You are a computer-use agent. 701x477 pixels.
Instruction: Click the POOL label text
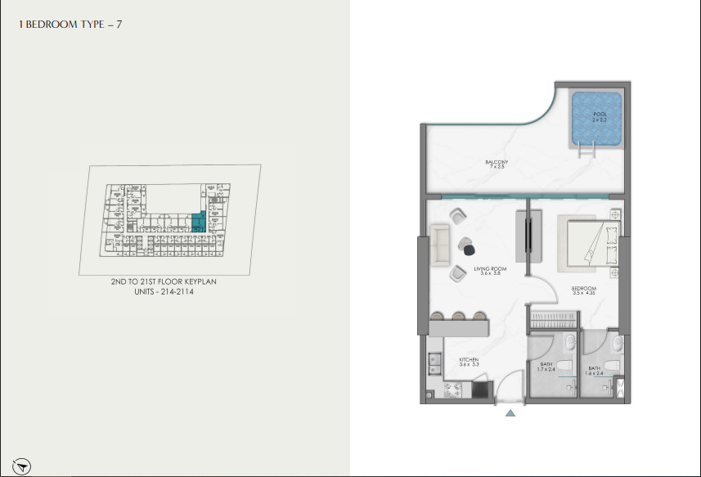[x=599, y=114]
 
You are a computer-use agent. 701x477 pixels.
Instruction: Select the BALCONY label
[x=497, y=162]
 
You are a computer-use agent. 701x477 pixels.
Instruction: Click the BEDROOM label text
[x=583, y=288]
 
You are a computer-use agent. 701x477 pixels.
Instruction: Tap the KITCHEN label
[x=469, y=360]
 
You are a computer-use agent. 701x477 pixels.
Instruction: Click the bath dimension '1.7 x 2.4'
[x=545, y=370]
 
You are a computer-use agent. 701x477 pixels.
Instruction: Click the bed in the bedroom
[x=587, y=242]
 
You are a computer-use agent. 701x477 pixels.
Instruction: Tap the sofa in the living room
[x=442, y=244]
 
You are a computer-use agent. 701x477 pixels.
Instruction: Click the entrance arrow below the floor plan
[x=510, y=413]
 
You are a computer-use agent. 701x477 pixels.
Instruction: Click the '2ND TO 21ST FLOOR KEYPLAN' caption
[x=169, y=281]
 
